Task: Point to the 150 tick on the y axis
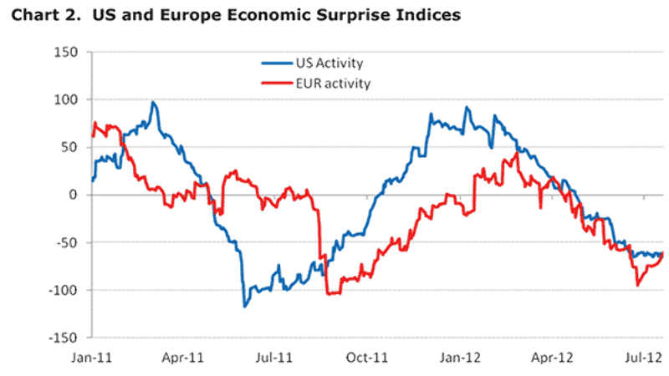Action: pos(67,53)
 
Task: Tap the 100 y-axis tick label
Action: pos(67,100)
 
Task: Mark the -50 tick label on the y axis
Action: pos(67,243)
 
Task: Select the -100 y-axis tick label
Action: pos(64,291)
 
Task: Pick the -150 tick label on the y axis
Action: pos(64,338)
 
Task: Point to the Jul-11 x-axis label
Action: pos(278,357)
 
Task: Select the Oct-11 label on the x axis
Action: pos(370,357)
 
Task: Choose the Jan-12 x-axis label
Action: pos(462,357)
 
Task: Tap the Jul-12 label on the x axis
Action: pos(645,357)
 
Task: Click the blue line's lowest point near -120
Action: pos(245,306)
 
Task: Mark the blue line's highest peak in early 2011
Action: pos(153,103)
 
